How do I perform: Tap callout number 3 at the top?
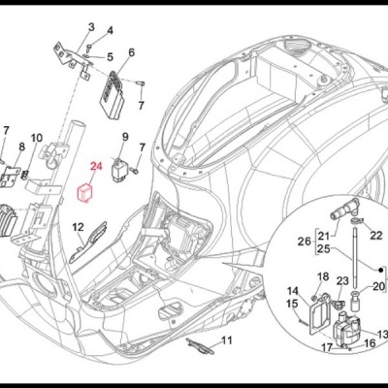pos(91,26)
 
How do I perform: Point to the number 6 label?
pos(131,52)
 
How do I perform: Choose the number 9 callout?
pos(125,135)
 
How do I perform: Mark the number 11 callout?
pos(228,340)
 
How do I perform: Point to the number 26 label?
pos(302,242)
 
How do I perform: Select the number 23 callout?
pos(341,281)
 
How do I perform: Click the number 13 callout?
pos(381,335)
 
